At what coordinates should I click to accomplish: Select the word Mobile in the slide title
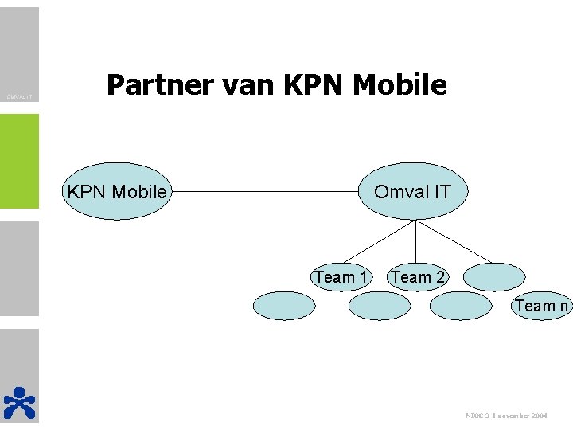[x=402, y=84]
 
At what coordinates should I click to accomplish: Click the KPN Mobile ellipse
[x=118, y=192]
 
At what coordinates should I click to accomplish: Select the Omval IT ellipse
[x=412, y=192]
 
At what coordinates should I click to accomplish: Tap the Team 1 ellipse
[x=341, y=277]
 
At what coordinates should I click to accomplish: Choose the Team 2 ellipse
[x=417, y=277]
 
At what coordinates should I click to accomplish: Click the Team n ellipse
[x=541, y=306]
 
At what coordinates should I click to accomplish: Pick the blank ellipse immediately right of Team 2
[x=493, y=277]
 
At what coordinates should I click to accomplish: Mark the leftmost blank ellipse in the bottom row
[x=284, y=306]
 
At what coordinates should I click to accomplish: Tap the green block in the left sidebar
[x=19, y=161]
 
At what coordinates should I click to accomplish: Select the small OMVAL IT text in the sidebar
[x=19, y=98]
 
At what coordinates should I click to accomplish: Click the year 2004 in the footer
[x=537, y=416]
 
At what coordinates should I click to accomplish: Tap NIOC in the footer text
[x=474, y=416]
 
